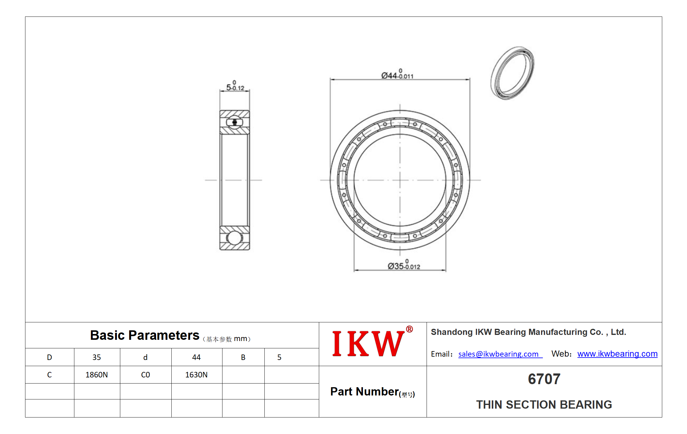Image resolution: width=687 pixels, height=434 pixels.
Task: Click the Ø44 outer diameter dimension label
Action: point(397,74)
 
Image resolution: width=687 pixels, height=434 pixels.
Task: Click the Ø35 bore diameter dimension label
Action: point(404,265)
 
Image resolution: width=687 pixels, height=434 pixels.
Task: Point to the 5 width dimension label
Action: point(235,86)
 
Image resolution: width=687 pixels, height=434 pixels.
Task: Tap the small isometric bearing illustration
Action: point(513,73)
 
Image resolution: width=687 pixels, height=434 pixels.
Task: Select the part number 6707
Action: point(544,379)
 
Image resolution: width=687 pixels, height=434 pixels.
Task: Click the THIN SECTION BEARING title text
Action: point(544,405)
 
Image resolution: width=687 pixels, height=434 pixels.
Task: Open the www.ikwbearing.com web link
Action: point(618,354)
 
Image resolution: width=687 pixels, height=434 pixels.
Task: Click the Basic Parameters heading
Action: point(144,335)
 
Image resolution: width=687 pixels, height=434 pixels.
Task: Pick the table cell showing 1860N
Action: point(97,375)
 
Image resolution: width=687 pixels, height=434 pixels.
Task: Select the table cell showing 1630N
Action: point(196,375)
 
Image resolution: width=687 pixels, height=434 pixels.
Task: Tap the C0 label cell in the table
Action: point(145,375)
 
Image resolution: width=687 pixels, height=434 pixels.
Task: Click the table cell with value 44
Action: point(196,357)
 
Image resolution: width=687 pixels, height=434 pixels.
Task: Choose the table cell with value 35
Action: point(97,357)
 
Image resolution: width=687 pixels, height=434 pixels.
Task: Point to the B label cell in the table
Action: point(243,357)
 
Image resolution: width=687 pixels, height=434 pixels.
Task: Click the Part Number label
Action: point(372,392)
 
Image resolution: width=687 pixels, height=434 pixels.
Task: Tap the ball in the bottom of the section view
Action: point(235,238)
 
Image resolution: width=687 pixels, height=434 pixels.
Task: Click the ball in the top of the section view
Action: point(235,122)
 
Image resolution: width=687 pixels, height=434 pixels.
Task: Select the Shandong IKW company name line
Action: point(528,332)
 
